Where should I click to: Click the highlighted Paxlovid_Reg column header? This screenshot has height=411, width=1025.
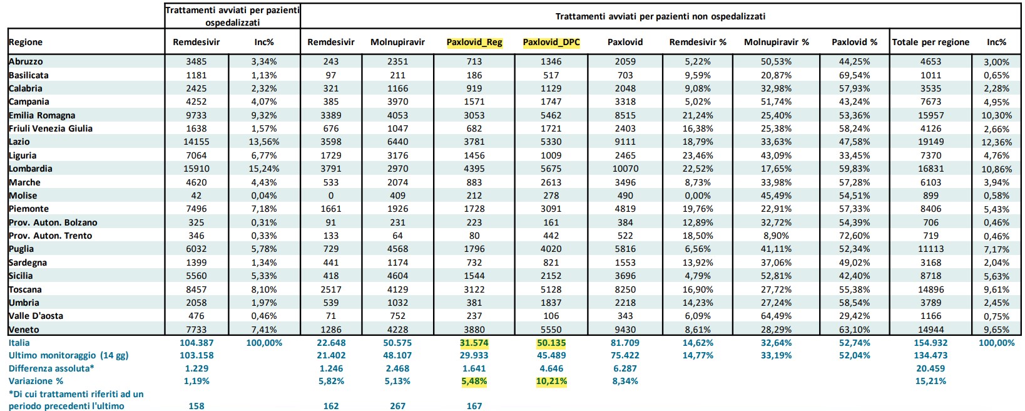474,42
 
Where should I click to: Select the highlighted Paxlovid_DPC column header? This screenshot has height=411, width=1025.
551,42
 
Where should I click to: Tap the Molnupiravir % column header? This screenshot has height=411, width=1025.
776,42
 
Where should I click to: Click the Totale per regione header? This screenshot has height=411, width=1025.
931,42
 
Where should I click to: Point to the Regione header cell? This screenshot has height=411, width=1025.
26,42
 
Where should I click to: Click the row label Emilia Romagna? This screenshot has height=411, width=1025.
42,115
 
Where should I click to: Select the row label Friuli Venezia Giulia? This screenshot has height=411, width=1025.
50,129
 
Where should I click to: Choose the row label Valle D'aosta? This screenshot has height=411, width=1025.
36,316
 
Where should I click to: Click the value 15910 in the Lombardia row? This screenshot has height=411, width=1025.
196,169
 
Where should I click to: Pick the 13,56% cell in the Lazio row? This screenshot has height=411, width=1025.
264,142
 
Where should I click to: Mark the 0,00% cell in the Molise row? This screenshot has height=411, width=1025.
698,195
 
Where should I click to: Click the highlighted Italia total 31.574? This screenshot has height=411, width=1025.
474,343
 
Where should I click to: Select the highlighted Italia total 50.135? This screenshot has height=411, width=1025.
551,343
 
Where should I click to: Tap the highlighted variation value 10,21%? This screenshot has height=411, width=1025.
551,381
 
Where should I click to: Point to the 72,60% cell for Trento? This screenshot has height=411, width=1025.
854,236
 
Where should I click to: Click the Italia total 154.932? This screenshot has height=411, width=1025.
931,343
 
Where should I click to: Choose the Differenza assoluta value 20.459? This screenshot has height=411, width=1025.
931,368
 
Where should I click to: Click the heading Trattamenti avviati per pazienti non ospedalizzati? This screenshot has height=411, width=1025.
660,16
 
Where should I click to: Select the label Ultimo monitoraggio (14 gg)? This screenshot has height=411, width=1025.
69,356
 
